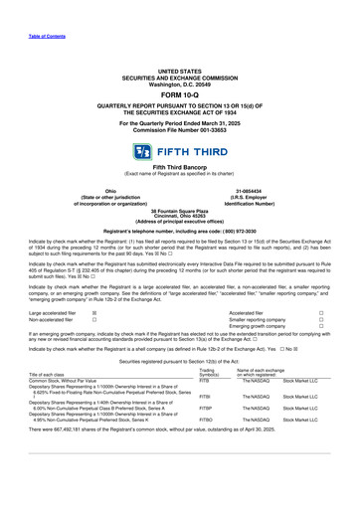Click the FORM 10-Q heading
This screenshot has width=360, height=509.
179,96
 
